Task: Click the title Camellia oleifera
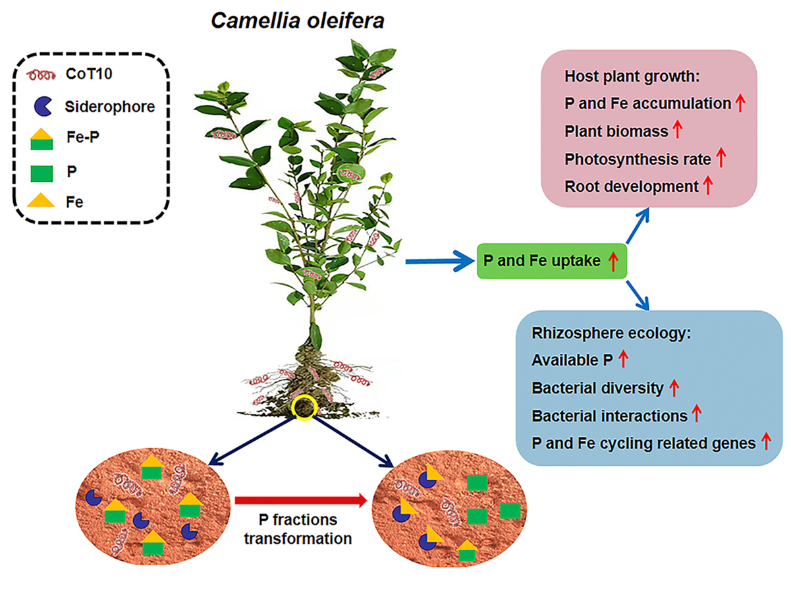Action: [x=298, y=20]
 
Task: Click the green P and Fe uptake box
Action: [x=551, y=262]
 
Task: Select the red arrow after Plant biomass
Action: [x=676, y=130]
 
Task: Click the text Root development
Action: [x=631, y=186]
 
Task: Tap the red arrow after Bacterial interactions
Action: [x=697, y=415]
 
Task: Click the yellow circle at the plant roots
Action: [x=303, y=407]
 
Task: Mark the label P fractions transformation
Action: [x=298, y=528]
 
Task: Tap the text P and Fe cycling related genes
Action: [x=643, y=443]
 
